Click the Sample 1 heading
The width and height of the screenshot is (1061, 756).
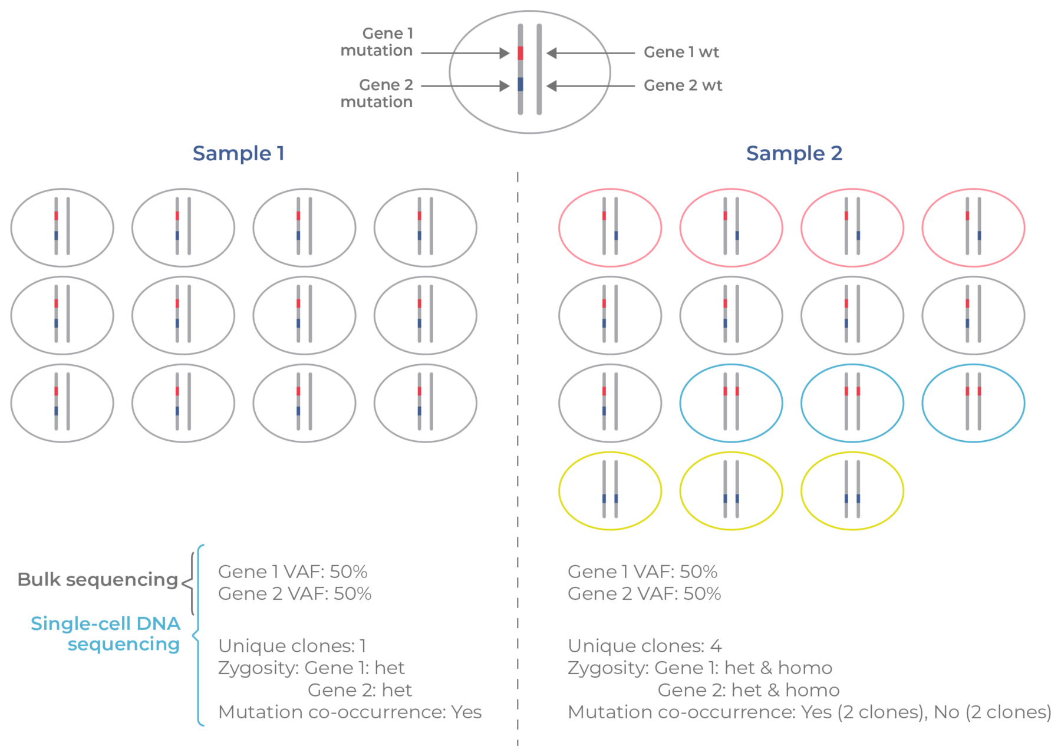click(239, 154)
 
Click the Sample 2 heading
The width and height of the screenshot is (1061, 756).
click(794, 154)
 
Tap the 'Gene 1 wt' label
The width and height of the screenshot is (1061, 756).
click(681, 52)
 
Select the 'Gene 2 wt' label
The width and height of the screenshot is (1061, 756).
click(683, 85)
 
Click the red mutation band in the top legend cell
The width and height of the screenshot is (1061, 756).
click(520, 53)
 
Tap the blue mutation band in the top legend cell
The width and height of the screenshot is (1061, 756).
click(520, 84)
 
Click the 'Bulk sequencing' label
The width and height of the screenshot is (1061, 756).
click(98, 580)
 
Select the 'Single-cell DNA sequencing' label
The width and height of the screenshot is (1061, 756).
click(106, 634)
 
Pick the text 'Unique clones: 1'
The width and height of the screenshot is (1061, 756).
click(292, 646)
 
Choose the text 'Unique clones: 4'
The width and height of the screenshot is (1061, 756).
click(645, 646)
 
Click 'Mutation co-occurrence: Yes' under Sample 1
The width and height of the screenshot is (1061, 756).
click(350, 712)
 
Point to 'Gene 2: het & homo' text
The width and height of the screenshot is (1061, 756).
click(749, 690)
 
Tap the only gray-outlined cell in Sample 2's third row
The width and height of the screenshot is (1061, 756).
click(610, 403)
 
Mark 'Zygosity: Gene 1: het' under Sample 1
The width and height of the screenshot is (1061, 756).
click(311, 668)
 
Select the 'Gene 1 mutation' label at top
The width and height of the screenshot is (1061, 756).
click(377, 42)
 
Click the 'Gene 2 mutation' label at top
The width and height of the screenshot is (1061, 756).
click(377, 93)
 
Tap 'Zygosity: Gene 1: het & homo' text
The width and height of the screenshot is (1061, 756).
click(700, 668)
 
